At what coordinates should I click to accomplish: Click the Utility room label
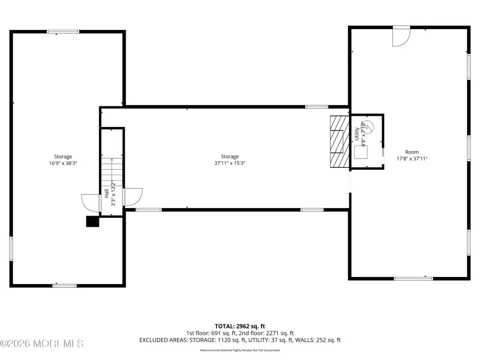(x=357, y=134)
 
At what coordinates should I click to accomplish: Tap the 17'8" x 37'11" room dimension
(x=412, y=158)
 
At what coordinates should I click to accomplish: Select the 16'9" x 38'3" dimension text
(x=63, y=163)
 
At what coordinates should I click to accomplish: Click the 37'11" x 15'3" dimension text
(x=230, y=163)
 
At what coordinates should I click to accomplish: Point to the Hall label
(x=106, y=193)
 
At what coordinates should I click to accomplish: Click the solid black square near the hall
(x=92, y=222)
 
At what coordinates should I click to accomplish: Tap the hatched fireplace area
(x=339, y=142)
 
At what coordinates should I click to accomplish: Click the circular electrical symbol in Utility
(x=368, y=127)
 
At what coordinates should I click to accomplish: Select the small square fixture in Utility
(x=361, y=152)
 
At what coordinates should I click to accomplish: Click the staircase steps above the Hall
(x=112, y=172)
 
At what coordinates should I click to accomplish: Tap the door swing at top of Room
(x=401, y=37)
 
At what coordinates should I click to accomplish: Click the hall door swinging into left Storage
(x=91, y=203)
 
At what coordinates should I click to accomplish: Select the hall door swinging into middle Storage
(x=133, y=197)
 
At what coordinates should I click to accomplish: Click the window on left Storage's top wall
(x=63, y=32)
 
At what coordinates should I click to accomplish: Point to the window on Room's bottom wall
(x=413, y=278)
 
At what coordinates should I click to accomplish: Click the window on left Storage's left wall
(x=11, y=248)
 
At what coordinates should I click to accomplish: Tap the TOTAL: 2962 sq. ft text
(x=240, y=326)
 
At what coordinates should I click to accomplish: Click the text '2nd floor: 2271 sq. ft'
(x=266, y=333)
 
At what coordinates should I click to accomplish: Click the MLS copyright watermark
(x=42, y=344)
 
